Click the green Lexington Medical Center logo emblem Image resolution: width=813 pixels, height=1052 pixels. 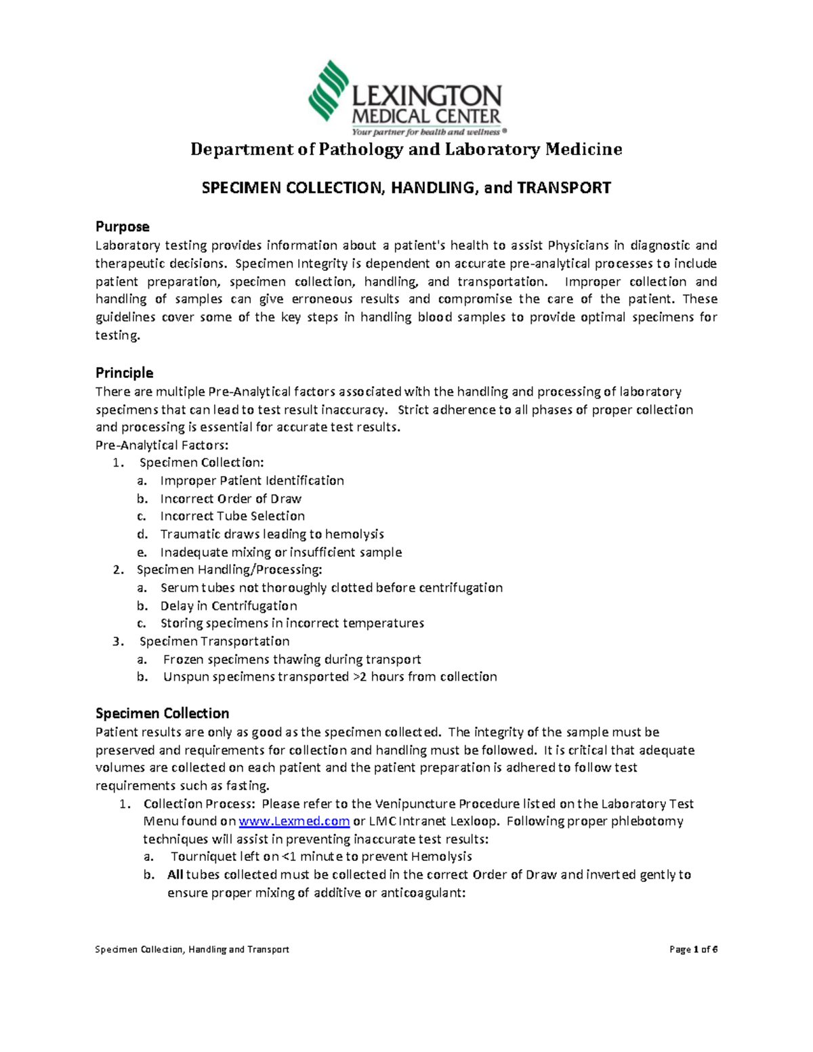click(x=329, y=90)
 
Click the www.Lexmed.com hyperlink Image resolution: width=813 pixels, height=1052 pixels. click(x=295, y=822)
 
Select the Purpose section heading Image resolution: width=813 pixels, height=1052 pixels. click(x=122, y=226)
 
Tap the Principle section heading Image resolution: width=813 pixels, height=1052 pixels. click(x=124, y=373)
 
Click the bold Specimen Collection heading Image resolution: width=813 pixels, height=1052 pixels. click(x=162, y=713)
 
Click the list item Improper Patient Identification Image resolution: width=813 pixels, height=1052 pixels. click(x=252, y=480)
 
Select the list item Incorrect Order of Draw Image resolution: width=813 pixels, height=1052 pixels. click(x=230, y=499)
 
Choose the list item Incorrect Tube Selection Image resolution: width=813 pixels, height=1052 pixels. click(x=232, y=516)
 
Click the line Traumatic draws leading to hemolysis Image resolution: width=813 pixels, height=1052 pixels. click(x=272, y=534)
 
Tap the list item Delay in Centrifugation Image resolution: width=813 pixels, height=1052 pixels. click(x=228, y=606)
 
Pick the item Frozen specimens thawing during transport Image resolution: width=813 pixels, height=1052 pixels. click(x=291, y=659)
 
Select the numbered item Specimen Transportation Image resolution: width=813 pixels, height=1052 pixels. click(x=214, y=641)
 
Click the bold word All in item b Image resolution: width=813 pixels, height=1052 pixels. click(x=175, y=875)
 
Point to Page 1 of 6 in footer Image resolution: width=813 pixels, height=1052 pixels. click(x=693, y=949)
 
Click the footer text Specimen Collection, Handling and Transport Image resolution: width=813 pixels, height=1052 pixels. click(x=192, y=949)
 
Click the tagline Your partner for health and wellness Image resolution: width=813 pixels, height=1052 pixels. click(x=425, y=132)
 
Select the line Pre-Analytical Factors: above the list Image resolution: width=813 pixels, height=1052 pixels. click(x=162, y=445)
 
